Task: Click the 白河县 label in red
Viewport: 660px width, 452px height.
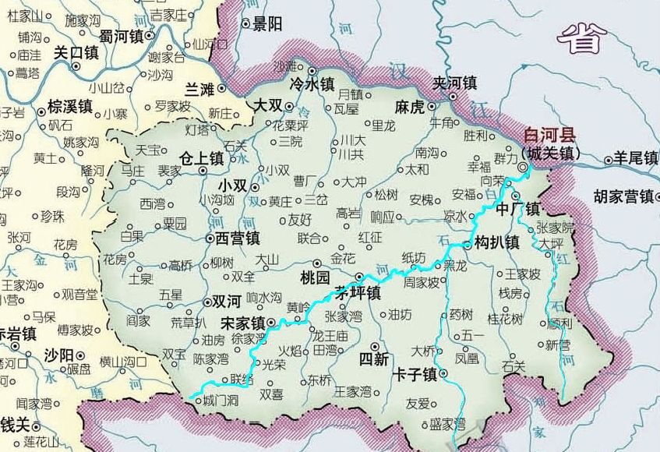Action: [551, 133]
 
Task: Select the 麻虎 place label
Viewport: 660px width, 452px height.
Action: [410, 106]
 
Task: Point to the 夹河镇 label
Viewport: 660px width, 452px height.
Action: [455, 83]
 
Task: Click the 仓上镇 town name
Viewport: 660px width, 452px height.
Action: [201, 157]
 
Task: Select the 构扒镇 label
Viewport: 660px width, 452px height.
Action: [496, 242]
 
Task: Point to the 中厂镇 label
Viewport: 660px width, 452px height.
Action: [518, 209]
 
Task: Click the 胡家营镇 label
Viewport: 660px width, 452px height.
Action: [623, 196]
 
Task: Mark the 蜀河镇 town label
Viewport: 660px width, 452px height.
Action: [121, 36]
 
